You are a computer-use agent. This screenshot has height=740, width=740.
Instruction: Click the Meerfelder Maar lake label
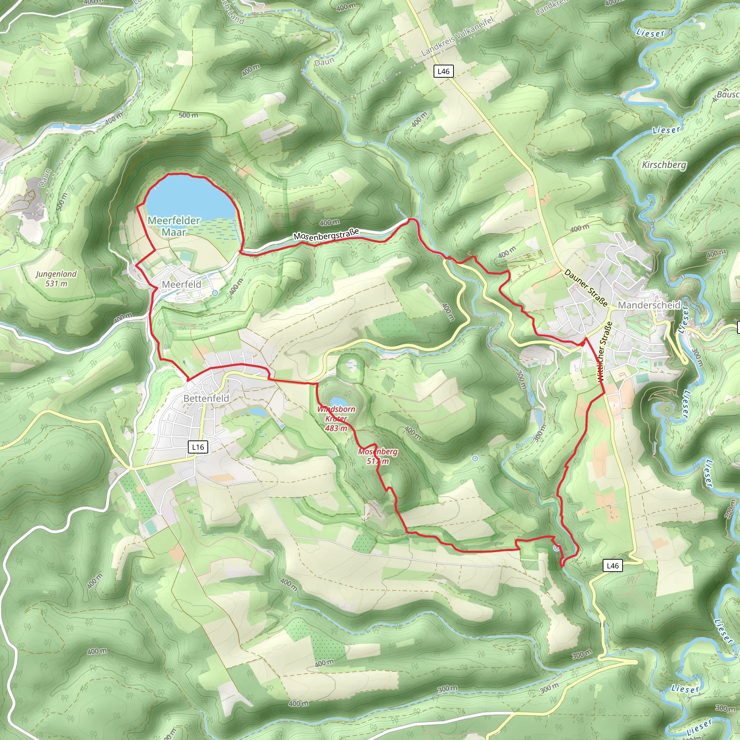click(174, 226)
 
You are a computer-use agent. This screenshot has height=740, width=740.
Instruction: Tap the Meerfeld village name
click(181, 284)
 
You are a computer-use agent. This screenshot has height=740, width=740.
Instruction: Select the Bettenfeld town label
click(206, 398)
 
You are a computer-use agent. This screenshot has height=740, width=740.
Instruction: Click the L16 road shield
click(198, 447)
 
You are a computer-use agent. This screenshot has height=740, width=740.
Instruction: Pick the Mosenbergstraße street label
click(326, 234)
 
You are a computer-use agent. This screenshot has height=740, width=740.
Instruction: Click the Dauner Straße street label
click(586, 288)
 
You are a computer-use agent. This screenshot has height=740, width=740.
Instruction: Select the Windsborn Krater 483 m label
click(336, 419)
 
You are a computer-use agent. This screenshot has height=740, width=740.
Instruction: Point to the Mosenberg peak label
click(378, 456)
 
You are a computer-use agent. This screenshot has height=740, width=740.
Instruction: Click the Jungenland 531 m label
click(56, 279)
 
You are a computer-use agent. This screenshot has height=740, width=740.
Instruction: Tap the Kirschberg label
click(664, 165)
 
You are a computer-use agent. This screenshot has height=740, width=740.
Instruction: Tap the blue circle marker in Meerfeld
click(215, 293)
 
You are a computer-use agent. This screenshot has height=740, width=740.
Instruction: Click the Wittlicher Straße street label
click(605, 350)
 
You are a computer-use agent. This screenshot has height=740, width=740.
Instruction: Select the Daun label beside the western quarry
click(45, 178)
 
